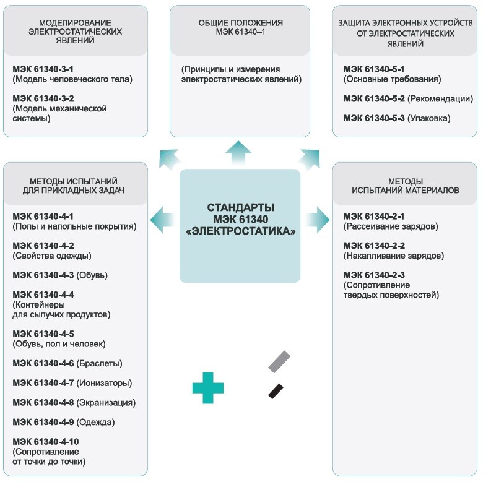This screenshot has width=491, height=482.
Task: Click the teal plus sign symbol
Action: click(208, 388)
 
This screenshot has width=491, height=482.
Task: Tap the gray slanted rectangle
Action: click(279, 362)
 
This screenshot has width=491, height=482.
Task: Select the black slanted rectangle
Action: click(276, 391)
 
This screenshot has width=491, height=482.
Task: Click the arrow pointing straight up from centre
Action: click(238, 152)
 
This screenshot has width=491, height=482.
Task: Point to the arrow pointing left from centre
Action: click(162, 220)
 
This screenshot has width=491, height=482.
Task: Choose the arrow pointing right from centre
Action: click(318, 220)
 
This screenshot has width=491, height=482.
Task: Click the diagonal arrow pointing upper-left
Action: click(169, 159)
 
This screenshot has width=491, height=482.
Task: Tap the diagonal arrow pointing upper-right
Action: click(310, 159)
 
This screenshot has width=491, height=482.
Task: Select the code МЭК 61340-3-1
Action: click(43, 69)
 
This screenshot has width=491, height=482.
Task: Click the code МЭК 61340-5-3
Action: click(374, 118)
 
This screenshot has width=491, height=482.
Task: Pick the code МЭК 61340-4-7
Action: click(43, 383)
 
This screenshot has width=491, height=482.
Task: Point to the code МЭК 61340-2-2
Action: click(374, 246)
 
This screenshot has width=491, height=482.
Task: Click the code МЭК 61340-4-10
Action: click(46, 442)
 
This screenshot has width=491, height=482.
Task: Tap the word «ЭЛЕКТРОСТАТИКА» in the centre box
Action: click(240, 231)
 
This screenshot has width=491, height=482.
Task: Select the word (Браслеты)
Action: click(99, 364)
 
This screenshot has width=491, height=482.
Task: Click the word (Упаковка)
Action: click(429, 119)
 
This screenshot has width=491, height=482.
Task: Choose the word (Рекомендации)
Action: click(440, 99)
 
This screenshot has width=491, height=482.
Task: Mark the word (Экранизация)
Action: click(106, 403)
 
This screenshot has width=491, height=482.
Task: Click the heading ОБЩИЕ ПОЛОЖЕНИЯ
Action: click(240, 23)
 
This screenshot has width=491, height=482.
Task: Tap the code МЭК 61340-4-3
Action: click(43, 275)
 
